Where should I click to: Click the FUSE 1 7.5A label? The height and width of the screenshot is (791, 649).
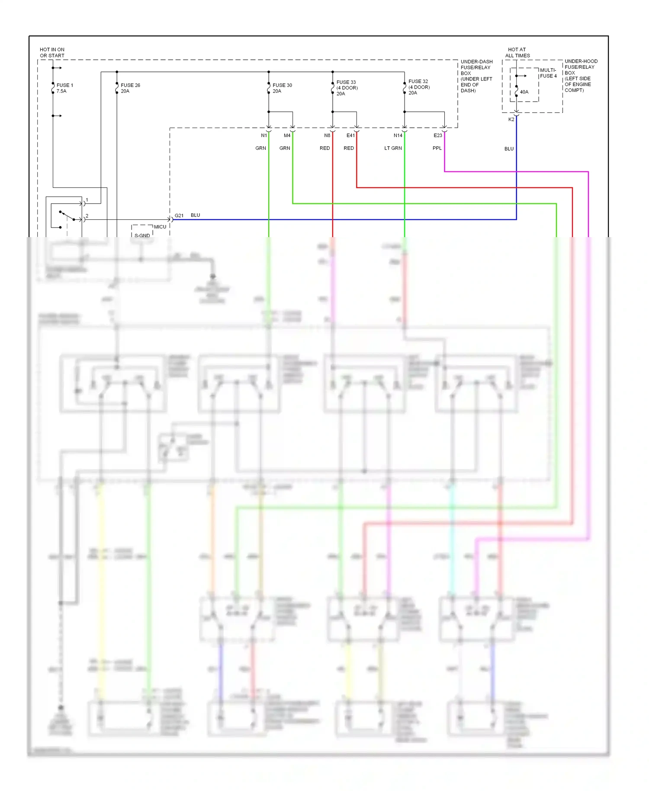pos(64,88)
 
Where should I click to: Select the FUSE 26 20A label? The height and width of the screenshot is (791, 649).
pos(130,88)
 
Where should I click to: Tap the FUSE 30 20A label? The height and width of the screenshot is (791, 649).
pos(282,88)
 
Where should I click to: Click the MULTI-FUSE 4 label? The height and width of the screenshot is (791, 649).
pos(548,73)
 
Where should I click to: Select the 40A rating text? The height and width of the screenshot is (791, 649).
pos(524,92)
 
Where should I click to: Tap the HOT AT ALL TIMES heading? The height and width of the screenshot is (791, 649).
pos(517,52)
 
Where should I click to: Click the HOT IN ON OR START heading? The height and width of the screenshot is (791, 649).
pos(52,52)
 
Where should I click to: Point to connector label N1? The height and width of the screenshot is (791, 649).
pos(264,135)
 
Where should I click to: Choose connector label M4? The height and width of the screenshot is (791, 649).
pos(287,135)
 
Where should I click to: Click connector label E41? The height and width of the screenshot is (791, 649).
pos(350,135)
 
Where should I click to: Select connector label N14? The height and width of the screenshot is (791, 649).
pos(398,135)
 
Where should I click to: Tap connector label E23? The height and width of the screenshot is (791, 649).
pos(438,135)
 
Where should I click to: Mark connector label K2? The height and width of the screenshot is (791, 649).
pos(511,119)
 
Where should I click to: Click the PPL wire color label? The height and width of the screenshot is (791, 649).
pos(437,148)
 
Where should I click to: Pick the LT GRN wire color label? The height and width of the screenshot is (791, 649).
pos(393,148)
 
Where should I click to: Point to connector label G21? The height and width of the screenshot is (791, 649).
pos(179,215)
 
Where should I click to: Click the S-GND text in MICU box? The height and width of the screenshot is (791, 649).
pos(142,235)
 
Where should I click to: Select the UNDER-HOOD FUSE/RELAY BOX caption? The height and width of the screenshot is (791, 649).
pos(581,76)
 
